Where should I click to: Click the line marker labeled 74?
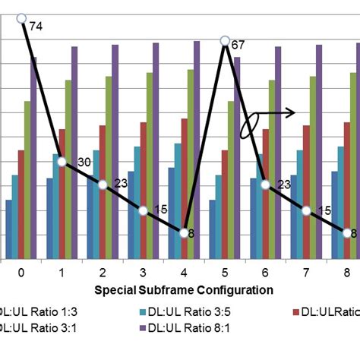tap(21, 18)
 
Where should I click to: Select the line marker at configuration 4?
tap(185, 232)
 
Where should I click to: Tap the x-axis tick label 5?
tap(225, 272)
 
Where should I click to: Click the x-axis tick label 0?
tap(21, 272)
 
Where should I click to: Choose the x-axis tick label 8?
tap(347, 272)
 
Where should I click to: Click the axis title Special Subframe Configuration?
tap(183, 289)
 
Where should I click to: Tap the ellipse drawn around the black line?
tap(249, 125)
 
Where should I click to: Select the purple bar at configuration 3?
tap(156, 152)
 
